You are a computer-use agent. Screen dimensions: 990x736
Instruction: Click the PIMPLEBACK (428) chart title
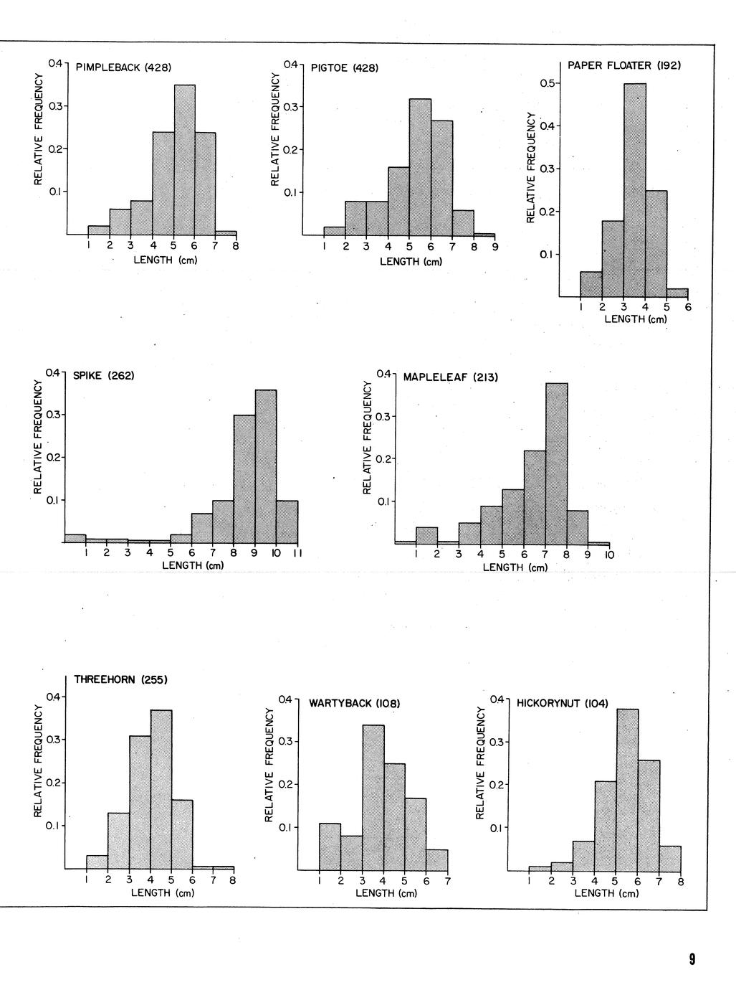pyautogui.click(x=123, y=68)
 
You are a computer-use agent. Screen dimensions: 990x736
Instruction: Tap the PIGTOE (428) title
pyautogui.click(x=344, y=68)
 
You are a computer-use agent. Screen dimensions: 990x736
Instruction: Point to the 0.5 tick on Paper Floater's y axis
pyautogui.click(x=547, y=84)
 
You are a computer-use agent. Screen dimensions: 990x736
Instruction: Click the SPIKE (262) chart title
pyautogui.click(x=103, y=375)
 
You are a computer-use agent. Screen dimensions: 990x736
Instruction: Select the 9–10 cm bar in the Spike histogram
pyautogui.click(x=266, y=466)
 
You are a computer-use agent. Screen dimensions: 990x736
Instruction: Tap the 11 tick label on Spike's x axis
pyautogui.click(x=297, y=553)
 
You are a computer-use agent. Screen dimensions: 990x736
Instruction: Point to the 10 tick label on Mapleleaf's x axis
pyautogui.click(x=609, y=555)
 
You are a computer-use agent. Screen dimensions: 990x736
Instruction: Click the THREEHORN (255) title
pyautogui.click(x=120, y=679)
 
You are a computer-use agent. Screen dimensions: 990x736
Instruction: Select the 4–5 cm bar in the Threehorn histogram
pyautogui.click(x=161, y=789)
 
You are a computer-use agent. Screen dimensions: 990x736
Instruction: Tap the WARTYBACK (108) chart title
pyautogui.click(x=354, y=703)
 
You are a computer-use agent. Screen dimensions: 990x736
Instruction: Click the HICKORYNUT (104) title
pyautogui.click(x=562, y=703)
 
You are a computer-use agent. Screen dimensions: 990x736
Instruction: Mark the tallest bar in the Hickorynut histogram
pyautogui.click(x=628, y=790)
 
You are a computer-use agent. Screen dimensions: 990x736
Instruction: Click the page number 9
pyautogui.click(x=692, y=959)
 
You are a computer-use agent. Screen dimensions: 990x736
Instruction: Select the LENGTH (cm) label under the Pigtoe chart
pyautogui.click(x=411, y=262)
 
